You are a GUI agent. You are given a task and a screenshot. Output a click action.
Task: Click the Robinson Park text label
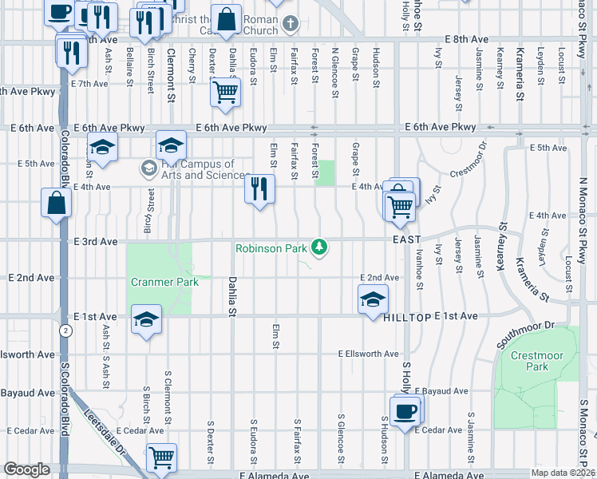(271, 248)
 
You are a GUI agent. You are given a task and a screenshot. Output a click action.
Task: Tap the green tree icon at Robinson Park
(320, 247)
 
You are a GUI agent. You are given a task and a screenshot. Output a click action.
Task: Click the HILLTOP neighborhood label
(407, 317)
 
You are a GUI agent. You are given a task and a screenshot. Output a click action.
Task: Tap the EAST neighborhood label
(405, 239)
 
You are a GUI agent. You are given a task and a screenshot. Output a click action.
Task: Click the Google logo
(26, 469)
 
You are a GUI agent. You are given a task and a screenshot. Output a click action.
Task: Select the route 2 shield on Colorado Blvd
(62, 330)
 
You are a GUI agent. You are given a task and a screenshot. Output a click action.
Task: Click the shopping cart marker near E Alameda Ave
(161, 457)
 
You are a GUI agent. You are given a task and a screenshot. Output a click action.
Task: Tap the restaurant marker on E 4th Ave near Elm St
(259, 188)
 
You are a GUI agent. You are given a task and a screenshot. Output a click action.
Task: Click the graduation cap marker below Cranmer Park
(146, 319)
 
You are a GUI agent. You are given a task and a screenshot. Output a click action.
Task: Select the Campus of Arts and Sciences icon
(148, 168)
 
